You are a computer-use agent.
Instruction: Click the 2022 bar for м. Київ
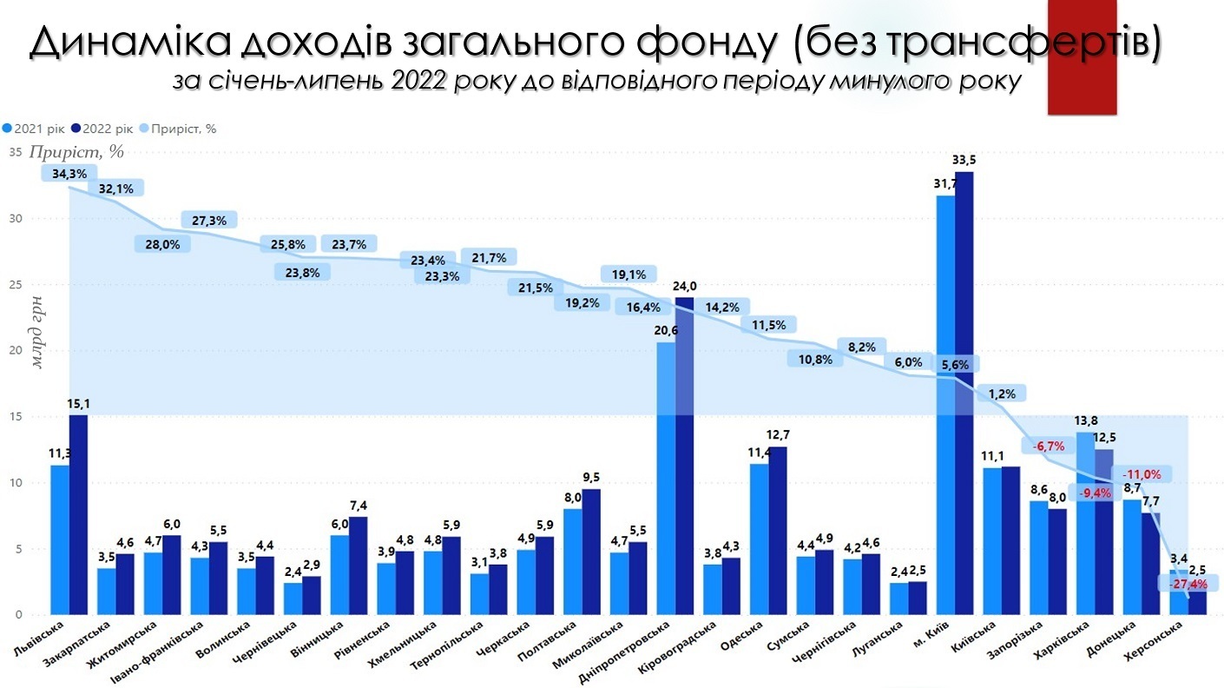pos(964,391)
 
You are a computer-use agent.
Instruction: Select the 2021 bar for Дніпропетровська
pos(666,478)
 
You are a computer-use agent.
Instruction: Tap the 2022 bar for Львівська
pos(78,513)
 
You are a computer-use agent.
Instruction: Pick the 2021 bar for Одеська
pos(759,539)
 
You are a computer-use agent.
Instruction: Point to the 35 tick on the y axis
pos(16,152)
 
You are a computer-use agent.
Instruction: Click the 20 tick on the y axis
pos(16,351)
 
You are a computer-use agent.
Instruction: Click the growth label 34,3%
pos(69,174)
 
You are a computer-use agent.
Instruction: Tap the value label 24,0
pos(686,286)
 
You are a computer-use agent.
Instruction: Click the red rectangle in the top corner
pos(1081,56)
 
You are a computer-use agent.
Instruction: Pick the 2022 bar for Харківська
pos(1104,530)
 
